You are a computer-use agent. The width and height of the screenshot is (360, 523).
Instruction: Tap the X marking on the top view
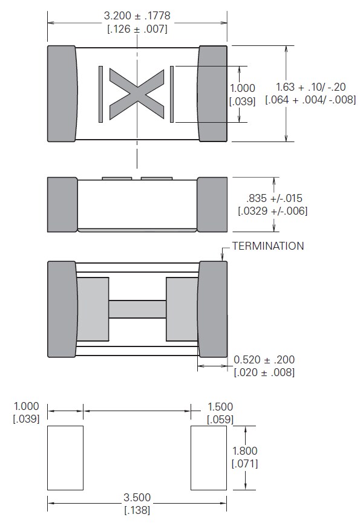pos(137,94)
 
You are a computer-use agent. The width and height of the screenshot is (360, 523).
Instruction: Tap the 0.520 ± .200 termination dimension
pos(264,360)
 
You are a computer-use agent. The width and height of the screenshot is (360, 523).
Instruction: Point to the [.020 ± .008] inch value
pos(264,372)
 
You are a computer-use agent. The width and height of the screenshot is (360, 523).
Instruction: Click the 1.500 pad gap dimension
pos(220,407)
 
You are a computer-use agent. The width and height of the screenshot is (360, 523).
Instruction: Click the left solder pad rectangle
pos(65,458)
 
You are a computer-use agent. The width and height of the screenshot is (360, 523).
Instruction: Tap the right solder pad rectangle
pos(209,458)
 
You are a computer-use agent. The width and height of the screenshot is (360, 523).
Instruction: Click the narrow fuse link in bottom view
pos(137,309)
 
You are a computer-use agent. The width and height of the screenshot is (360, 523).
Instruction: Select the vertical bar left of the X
pos(101,94)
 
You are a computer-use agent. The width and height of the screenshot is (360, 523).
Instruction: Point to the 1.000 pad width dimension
pos(25,407)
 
